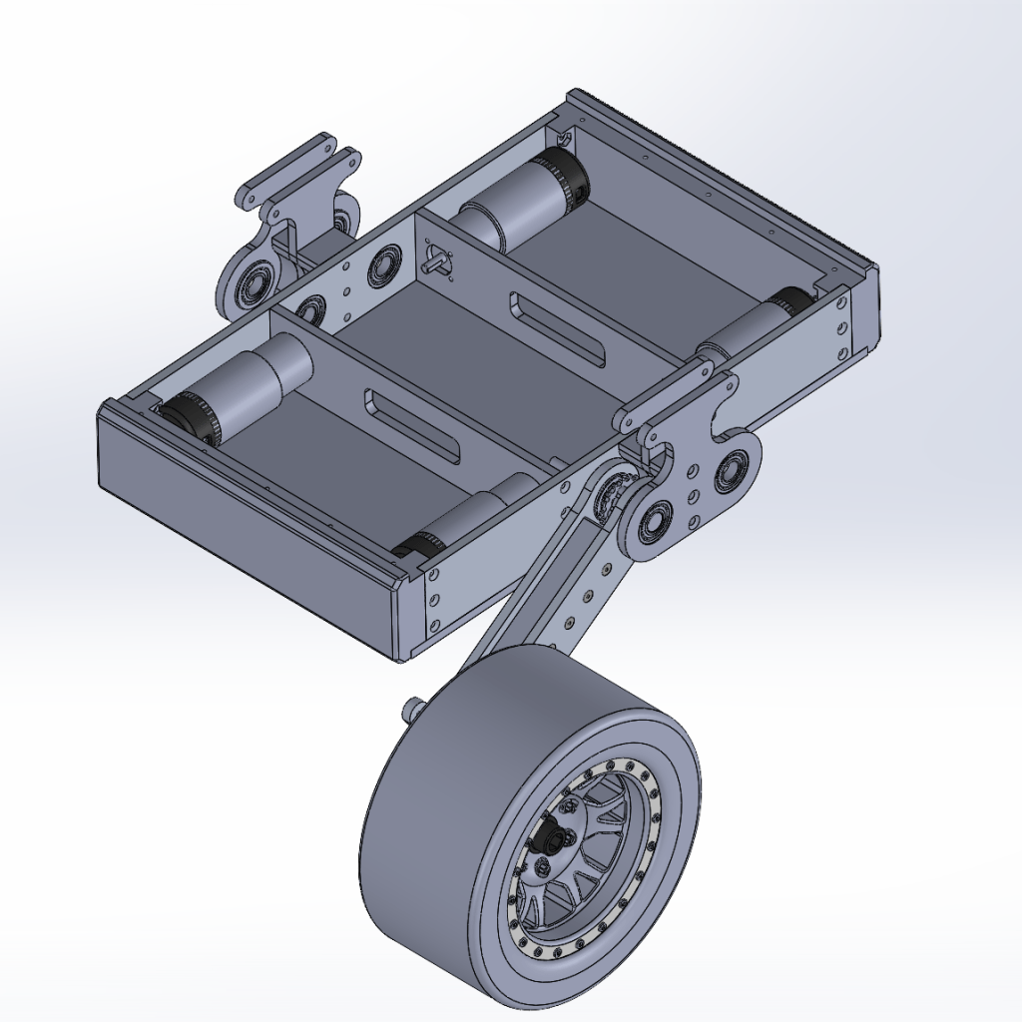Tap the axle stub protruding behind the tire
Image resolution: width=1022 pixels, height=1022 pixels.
coord(411,707)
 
